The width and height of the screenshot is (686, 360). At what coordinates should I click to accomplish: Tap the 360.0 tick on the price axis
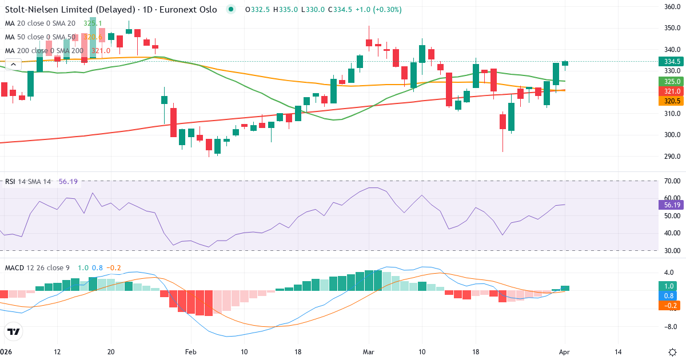(x=672, y=7)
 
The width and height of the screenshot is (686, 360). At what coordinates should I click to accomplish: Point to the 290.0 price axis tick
(x=672, y=156)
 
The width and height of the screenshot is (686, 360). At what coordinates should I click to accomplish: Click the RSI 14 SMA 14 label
(x=28, y=182)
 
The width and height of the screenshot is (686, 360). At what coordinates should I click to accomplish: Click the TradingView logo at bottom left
(x=13, y=331)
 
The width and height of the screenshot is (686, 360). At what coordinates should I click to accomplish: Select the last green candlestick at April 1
(x=565, y=63)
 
